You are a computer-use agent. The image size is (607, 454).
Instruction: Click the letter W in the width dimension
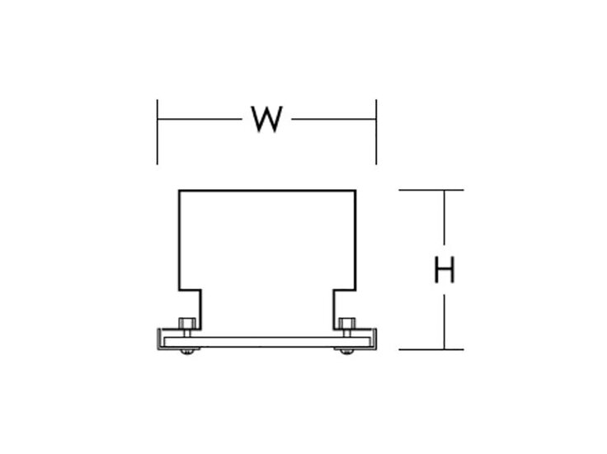(266, 119)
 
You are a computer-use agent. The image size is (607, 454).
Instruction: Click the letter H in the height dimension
(444, 269)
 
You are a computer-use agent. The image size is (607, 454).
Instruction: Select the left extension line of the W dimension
(158, 132)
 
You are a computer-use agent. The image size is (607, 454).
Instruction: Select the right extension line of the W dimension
(376, 132)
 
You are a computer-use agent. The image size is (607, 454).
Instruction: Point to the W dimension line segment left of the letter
(200, 119)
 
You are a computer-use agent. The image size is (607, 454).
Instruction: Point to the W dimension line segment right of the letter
(334, 119)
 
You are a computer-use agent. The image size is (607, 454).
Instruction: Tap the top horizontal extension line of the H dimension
(431, 190)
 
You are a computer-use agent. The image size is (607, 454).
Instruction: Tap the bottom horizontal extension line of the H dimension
(431, 349)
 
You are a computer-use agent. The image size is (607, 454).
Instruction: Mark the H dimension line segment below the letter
(444, 322)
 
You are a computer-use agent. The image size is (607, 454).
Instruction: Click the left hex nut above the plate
(187, 324)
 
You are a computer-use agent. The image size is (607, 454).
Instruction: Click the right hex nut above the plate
(347, 324)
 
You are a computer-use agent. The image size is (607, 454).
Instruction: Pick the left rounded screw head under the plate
(187, 352)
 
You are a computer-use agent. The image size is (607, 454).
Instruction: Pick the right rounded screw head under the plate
(346, 352)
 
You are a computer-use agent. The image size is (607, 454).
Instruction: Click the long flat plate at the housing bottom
(266, 342)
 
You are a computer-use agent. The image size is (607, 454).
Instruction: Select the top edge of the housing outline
(267, 190)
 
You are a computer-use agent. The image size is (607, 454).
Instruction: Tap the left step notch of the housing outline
(190, 290)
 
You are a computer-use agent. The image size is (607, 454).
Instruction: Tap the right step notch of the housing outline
(345, 290)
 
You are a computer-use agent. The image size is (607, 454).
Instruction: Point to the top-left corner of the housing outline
(179, 190)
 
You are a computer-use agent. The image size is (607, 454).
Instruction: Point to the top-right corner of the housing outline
(355, 190)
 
